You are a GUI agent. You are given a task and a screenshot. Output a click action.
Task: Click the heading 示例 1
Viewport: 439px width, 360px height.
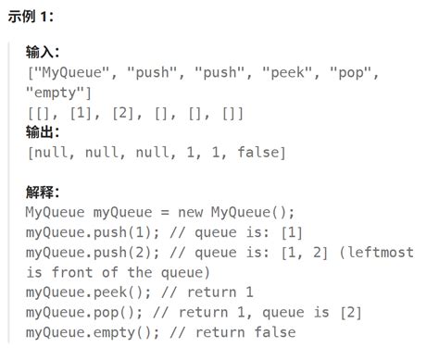point(34,20)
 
